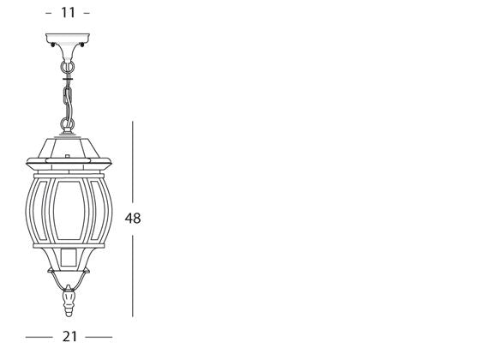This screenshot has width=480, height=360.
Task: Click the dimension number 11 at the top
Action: (x=68, y=13)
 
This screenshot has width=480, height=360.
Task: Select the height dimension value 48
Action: (x=133, y=219)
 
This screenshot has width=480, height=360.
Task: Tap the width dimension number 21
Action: (x=69, y=337)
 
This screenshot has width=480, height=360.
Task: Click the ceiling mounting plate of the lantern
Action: (x=68, y=38)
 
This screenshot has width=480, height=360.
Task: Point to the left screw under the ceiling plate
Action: (x=53, y=45)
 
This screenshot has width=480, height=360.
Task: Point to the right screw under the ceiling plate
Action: (x=82, y=45)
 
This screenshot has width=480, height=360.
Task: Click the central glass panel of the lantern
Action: (x=69, y=210)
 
